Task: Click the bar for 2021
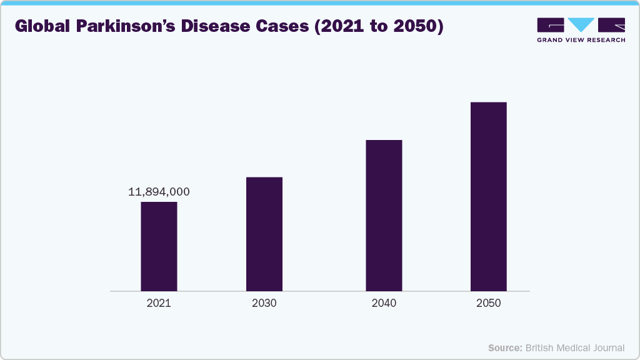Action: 159,246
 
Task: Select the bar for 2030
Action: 264,234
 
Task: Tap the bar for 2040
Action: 384,216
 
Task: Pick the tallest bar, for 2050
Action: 488,196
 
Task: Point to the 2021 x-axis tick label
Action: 159,304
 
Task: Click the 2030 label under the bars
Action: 264,304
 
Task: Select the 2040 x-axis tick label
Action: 384,304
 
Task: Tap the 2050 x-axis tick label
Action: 488,304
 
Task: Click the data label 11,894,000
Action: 159,192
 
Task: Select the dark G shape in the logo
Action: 551,25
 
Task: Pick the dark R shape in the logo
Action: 611,25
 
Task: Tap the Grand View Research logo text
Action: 581,40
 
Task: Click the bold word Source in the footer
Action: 505,347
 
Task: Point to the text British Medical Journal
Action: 574,347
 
